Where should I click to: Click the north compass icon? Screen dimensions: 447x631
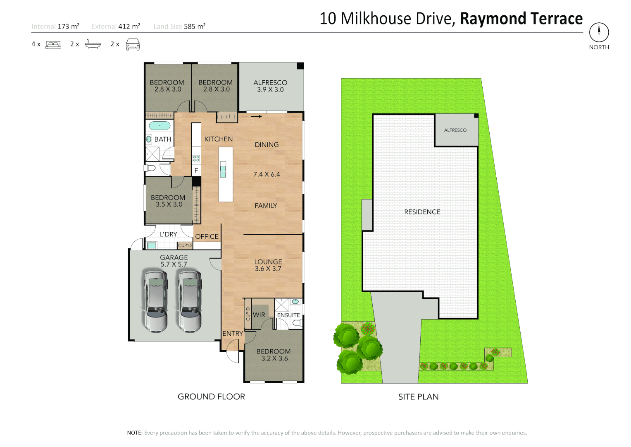(x=599, y=32)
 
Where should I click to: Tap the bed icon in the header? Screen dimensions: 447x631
(x=53, y=44)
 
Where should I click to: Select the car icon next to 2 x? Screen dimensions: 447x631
(x=133, y=44)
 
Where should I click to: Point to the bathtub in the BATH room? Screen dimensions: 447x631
(x=160, y=125)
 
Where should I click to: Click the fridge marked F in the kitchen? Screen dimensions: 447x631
(x=196, y=171)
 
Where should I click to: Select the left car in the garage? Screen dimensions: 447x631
(x=156, y=301)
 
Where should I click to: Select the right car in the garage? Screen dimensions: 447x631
(x=190, y=301)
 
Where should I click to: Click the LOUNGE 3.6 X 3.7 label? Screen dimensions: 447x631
(x=268, y=265)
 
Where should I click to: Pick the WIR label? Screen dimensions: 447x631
(x=259, y=315)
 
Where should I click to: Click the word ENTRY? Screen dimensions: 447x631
(x=233, y=334)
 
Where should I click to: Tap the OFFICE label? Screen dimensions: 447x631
(x=207, y=237)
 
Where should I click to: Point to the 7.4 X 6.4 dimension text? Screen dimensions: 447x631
(x=267, y=174)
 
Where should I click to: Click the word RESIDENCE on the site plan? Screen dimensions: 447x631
(x=422, y=212)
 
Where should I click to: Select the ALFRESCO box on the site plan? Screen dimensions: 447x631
(x=456, y=130)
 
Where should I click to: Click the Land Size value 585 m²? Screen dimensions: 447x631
(x=195, y=26)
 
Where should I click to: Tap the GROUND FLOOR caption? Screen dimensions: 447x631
(x=211, y=397)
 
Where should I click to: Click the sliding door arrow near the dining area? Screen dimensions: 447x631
(x=257, y=117)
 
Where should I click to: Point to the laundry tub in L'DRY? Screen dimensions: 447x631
(x=151, y=245)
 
